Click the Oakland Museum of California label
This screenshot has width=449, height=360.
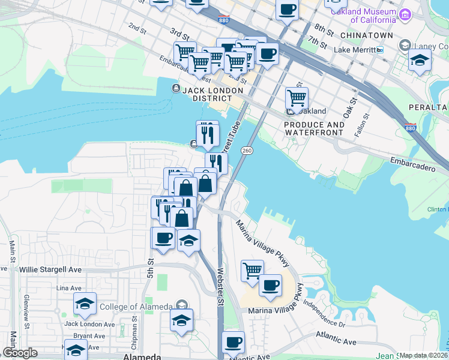pos(364,16)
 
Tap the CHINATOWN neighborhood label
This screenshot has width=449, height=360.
pos(371,35)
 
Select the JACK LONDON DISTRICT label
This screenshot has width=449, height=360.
pos(208,94)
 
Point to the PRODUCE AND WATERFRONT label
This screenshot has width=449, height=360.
pos(315,128)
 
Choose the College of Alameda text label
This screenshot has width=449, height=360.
pos(133,307)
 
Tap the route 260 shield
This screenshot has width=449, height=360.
pos(247,150)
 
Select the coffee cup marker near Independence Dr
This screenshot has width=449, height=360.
pos(270,284)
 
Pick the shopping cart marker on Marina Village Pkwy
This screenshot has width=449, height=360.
pos(252,269)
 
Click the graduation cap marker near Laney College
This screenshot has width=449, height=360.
pos(420,59)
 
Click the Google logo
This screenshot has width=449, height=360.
pos(20,353)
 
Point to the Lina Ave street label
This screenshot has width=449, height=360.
pos(68,289)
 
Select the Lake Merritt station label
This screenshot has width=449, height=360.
pos(358,50)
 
